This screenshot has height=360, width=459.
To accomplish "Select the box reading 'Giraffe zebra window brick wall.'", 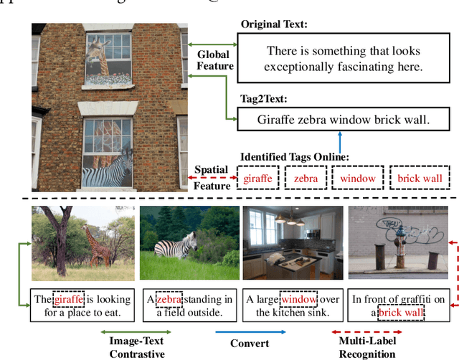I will coord(343,120).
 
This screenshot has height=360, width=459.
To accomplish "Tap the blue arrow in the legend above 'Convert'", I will coord(250,331).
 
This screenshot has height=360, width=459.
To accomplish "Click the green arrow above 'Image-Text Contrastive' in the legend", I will coord(140,331).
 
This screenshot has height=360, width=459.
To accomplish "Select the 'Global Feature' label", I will coord(216,60).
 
